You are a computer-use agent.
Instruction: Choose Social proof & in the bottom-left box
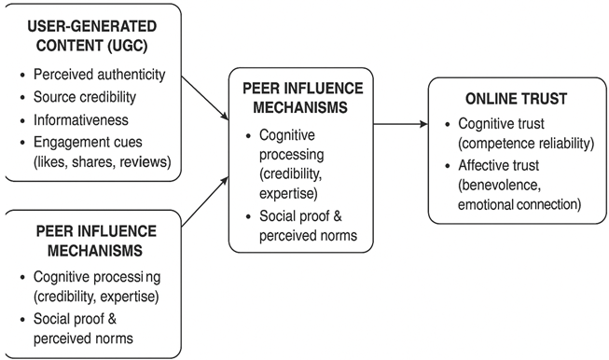pos(76,319)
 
